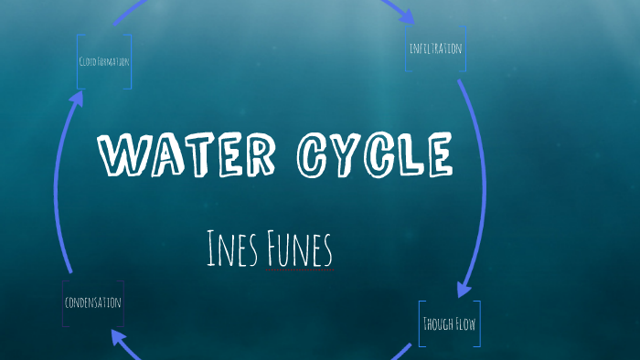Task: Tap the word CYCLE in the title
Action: [375, 155]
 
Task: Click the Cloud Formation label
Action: [103, 61]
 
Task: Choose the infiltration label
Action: [435, 48]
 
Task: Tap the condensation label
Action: [92, 302]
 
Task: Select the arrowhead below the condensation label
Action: [120, 340]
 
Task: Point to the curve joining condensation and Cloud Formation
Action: [57, 183]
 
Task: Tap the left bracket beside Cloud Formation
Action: [79, 61]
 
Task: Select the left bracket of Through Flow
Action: [421, 323]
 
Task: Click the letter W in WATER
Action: [117, 155]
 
